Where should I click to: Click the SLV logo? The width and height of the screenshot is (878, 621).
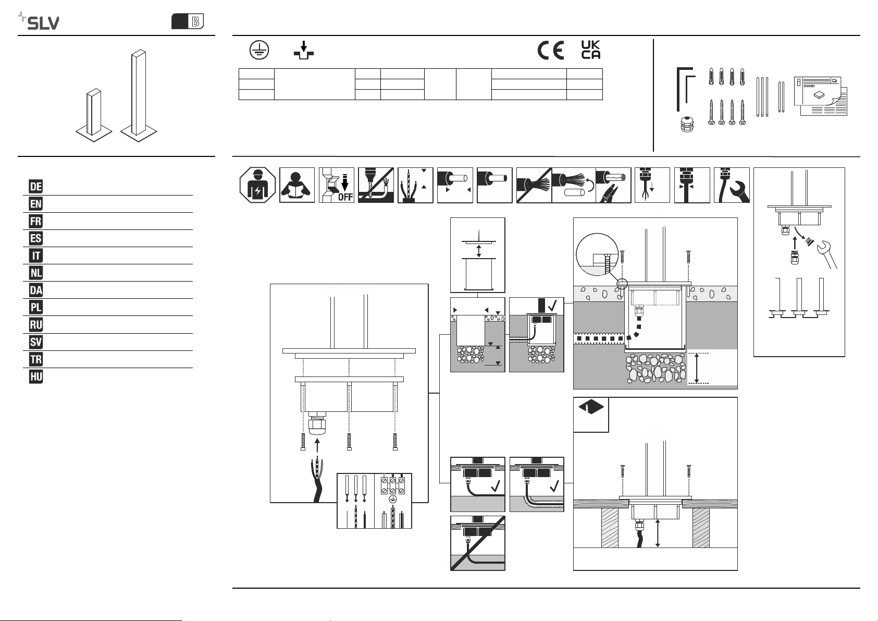tap(39, 21)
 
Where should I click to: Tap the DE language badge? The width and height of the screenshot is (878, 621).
tap(35, 186)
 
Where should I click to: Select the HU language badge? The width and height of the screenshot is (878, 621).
tap(35, 376)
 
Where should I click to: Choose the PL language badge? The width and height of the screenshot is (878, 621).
tap(35, 307)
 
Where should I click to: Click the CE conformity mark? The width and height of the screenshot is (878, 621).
tap(550, 50)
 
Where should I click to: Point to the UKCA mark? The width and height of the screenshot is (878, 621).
tap(591, 50)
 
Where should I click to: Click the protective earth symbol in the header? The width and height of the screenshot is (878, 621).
tap(259, 50)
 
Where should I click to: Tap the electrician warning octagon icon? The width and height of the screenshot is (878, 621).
tap(257, 185)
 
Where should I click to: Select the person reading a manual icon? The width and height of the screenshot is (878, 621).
tap(296, 185)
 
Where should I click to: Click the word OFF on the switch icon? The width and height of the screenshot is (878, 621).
tap(345, 197)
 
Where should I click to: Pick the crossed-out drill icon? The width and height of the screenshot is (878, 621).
tap(376, 185)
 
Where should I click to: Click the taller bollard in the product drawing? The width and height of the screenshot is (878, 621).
tap(139, 95)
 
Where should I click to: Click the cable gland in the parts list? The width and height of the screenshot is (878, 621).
tap(687, 124)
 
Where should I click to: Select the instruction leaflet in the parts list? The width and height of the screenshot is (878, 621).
tap(820, 96)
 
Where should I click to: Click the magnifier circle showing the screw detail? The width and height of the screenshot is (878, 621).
tap(597, 254)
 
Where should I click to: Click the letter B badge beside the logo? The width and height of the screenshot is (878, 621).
tap(188, 21)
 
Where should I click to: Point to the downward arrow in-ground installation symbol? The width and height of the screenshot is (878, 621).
tap(304, 50)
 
